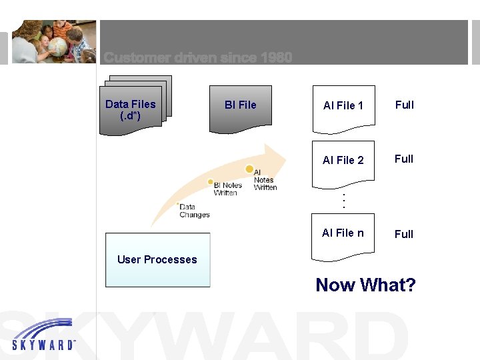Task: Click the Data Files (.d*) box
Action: (x=131, y=109)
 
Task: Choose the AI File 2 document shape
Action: (x=343, y=160)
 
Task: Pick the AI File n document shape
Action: (x=343, y=233)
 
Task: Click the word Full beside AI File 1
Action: (x=404, y=105)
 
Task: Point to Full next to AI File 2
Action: (x=404, y=159)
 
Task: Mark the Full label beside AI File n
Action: (x=404, y=234)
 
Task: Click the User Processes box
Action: (x=157, y=260)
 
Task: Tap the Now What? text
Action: (x=365, y=285)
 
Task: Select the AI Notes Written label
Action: (x=265, y=180)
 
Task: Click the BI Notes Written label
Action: (x=227, y=189)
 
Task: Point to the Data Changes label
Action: (x=194, y=211)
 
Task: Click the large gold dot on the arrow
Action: (x=249, y=169)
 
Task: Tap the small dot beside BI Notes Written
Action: (x=211, y=181)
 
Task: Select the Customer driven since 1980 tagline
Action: (x=198, y=58)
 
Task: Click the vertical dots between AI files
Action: (x=343, y=199)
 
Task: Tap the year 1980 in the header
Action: (x=277, y=58)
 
